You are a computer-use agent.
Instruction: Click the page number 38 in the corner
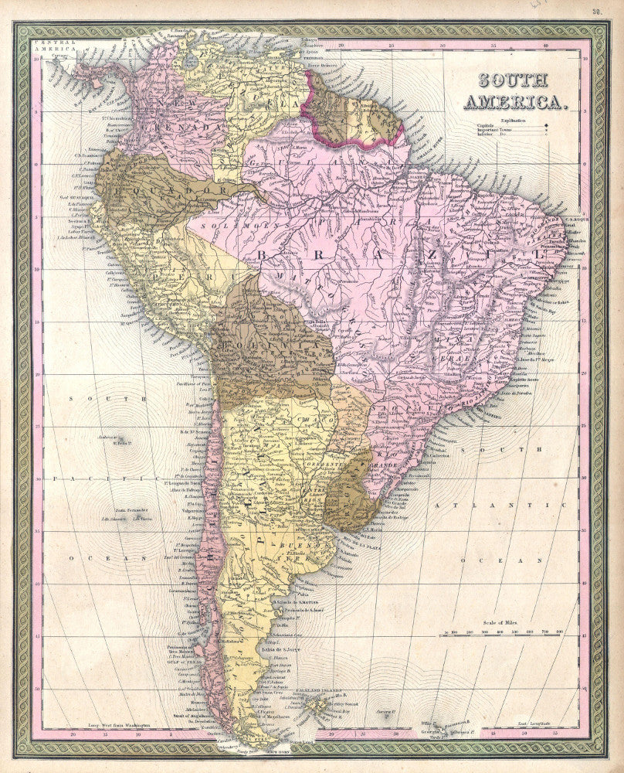click(x=597, y=11)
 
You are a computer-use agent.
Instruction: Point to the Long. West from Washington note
click(x=116, y=726)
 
